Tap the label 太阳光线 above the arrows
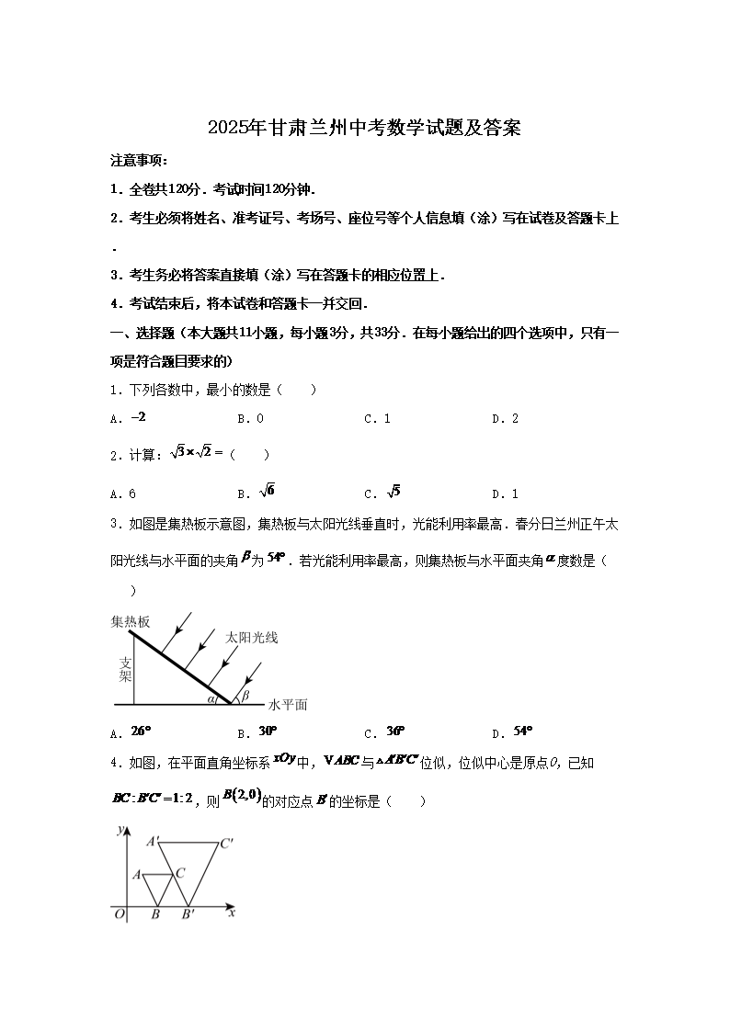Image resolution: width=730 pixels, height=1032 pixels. [252, 637]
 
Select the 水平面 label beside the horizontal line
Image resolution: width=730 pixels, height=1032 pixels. [288, 705]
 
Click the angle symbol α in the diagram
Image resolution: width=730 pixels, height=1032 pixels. [211, 698]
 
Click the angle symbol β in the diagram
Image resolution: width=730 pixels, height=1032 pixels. [245, 696]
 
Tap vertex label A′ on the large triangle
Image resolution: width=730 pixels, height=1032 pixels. [153, 840]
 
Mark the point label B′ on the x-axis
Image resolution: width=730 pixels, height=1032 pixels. [188, 913]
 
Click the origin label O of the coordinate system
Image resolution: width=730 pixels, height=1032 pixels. [118, 913]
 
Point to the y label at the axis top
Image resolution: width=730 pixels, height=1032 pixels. [121, 829]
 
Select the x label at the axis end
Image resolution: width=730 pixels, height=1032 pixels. [232, 913]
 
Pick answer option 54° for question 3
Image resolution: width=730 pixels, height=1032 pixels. [524, 731]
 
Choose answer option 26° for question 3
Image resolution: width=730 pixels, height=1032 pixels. [141, 731]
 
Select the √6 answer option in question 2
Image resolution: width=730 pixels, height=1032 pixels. [268, 491]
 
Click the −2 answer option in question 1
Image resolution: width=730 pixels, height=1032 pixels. [139, 417]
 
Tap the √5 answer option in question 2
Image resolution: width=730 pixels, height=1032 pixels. [394, 491]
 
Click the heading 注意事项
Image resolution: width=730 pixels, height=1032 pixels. [138, 161]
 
